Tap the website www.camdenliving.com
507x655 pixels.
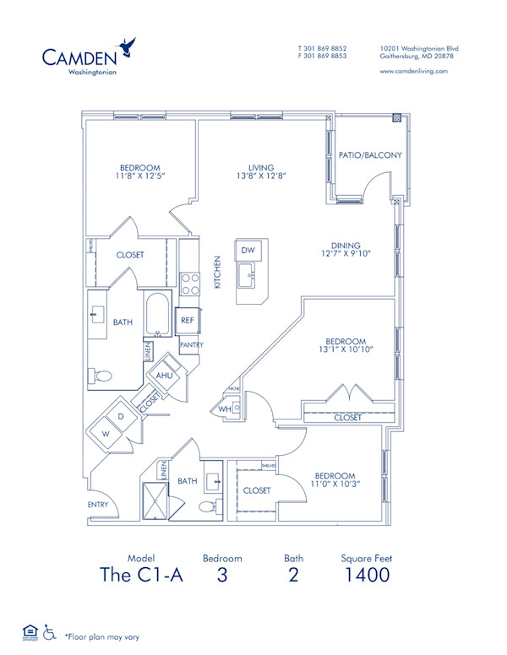[414, 72]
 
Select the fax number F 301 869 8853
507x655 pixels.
[322, 57]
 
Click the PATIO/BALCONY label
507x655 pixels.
[369, 156]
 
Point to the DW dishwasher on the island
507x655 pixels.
[248, 251]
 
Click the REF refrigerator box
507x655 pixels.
[188, 321]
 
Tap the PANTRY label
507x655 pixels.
[191, 345]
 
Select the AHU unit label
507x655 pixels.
[165, 375]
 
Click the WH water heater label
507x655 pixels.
[225, 409]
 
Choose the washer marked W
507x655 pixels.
[106, 433]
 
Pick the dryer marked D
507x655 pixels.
[122, 417]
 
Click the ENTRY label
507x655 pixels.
[98, 505]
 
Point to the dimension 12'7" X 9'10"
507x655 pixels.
[346, 253]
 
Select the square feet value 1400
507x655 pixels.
[366, 576]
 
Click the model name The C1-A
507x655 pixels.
[141, 576]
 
